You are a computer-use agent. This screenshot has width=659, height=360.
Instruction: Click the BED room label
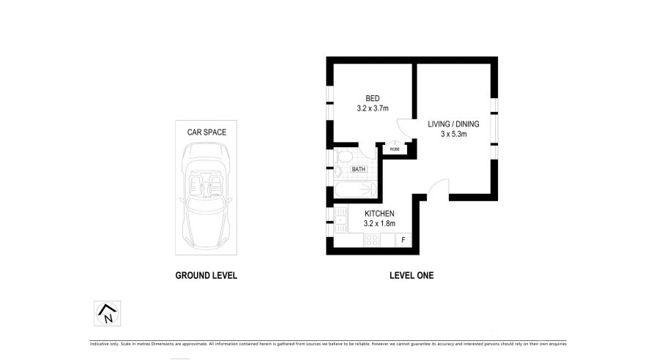(x=373, y=98)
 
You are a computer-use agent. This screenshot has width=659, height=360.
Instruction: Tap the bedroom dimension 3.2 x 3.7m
(x=373, y=108)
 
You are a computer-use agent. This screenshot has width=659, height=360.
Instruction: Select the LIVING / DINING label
(x=453, y=124)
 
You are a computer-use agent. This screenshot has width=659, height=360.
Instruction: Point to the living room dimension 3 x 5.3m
(x=453, y=134)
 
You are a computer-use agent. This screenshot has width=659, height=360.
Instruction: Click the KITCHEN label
(x=379, y=214)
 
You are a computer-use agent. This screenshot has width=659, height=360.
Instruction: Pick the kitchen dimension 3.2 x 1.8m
(x=379, y=223)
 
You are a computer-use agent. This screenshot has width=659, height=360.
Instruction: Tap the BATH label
(x=359, y=169)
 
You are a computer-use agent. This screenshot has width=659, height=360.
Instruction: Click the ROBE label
(x=395, y=149)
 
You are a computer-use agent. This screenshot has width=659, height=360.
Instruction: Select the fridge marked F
(x=403, y=240)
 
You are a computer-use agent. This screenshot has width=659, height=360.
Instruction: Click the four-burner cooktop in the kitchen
(x=371, y=240)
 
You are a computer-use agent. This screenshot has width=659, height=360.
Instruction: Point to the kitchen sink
(x=340, y=219)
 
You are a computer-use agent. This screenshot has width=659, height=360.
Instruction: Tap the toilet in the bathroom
(x=344, y=157)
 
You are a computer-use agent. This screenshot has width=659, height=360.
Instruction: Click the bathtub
(x=356, y=190)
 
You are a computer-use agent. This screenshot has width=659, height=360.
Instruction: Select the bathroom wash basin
(x=338, y=171)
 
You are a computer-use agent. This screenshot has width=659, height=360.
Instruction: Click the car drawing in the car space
(x=206, y=195)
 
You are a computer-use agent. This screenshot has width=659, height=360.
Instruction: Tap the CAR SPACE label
(x=206, y=132)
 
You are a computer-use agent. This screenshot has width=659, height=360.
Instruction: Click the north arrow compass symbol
(x=107, y=313)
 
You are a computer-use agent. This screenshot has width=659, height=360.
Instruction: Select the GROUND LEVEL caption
(x=206, y=276)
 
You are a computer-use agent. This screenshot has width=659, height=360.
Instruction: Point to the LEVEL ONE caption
(x=412, y=276)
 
